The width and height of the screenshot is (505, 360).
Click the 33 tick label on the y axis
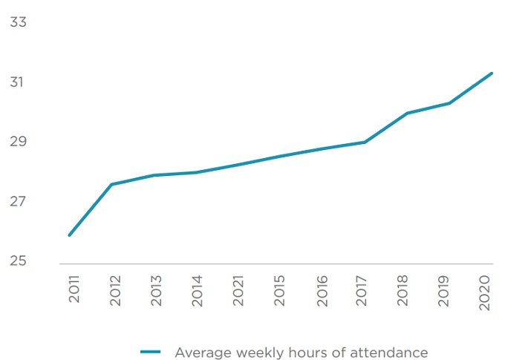(18, 22)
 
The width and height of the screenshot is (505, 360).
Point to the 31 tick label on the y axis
(18, 82)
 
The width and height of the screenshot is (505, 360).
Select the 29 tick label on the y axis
(18, 142)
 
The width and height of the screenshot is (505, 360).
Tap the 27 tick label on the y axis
(18, 202)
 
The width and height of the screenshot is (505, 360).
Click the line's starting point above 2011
(69, 235)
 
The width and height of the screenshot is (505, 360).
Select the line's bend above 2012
(111, 184)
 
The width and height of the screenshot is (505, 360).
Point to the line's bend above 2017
(365, 142)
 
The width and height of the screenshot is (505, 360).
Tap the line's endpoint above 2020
(492, 73)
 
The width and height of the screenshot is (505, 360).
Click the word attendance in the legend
(389, 352)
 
